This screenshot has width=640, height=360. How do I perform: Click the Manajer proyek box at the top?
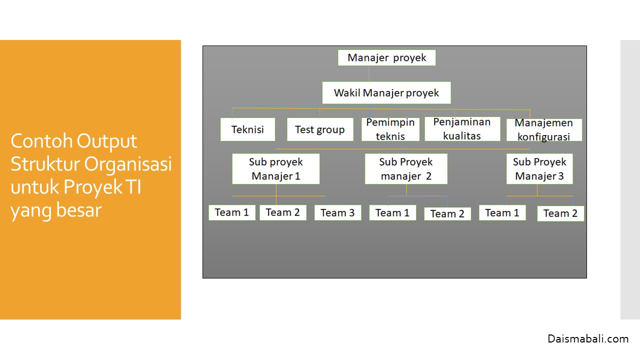tap(386, 57)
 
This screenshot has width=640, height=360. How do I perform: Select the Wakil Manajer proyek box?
tap(386, 92)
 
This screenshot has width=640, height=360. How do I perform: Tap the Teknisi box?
tap(247, 129)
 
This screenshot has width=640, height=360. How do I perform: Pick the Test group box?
tap(320, 129)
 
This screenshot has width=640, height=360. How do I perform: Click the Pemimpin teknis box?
tap(390, 129)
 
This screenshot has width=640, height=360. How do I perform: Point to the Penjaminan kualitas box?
tap(462, 129)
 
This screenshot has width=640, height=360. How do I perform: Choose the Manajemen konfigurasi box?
tap(544, 130)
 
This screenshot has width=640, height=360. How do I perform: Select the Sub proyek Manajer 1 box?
tap(276, 169)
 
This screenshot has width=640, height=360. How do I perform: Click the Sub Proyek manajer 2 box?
tap(406, 169)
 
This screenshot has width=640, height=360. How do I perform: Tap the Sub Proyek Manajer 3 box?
tap(539, 169)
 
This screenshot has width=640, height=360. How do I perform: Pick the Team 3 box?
tap(337, 212)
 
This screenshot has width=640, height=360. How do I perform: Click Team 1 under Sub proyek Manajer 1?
tap(232, 212)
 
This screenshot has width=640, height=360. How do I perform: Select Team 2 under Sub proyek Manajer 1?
tap(282, 212)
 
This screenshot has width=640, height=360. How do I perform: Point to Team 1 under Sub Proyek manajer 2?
tap(392, 212)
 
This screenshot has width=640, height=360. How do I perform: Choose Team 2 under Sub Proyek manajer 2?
tap(447, 213)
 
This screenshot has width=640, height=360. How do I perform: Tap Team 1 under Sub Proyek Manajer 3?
tap(502, 212)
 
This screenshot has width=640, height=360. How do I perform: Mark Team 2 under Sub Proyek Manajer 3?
tap(560, 213)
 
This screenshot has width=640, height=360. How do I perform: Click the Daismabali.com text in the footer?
tap(588, 339)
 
